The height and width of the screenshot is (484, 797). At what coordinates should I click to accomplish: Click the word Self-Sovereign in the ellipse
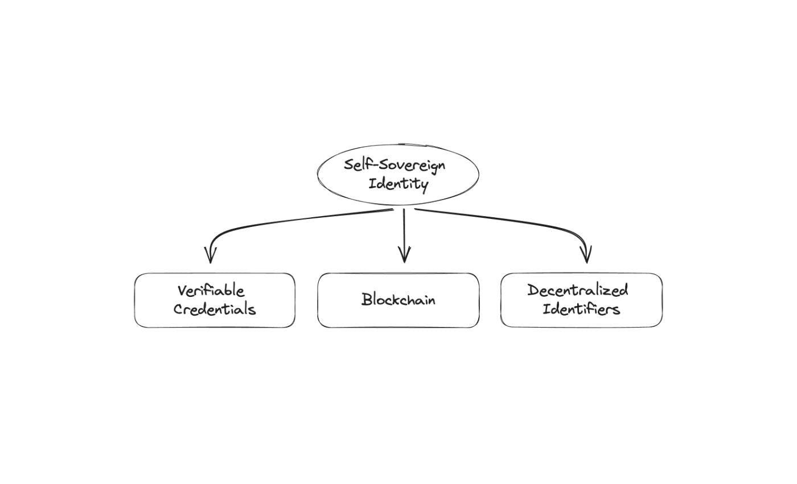pyautogui.click(x=395, y=165)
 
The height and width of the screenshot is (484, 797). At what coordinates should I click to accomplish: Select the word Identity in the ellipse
pyautogui.click(x=398, y=184)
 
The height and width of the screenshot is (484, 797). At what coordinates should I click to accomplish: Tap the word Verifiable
pyautogui.click(x=211, y=291)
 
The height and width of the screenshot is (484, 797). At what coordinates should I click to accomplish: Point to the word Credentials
pyautogui.click(x=215, y=309)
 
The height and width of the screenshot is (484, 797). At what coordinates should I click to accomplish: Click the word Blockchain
pyautogui.click(x=398, y=299)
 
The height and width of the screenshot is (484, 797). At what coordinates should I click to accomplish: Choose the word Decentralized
pyautogui.click(x=577, y=290)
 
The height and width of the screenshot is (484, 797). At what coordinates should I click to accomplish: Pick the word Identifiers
pyautogui.click(x=581, y=309)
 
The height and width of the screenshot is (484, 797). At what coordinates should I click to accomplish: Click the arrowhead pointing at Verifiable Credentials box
pyautogui.click(x=211, y=255)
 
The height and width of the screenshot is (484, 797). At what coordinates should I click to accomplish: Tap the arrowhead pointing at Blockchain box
pyautogui.click(x=404, y=255)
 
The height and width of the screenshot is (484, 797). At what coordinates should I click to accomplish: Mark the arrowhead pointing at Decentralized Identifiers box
pyautogui.click(x=587, y=254)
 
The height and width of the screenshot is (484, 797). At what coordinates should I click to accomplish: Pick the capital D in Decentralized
pyautogui.click(x=533, y=290)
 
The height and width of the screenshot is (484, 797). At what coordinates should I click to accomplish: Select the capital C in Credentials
pyautogui.click(x=179, y=309)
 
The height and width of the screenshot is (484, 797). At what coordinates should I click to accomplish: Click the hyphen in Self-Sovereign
pyautogui.click(x=368, y=166)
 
